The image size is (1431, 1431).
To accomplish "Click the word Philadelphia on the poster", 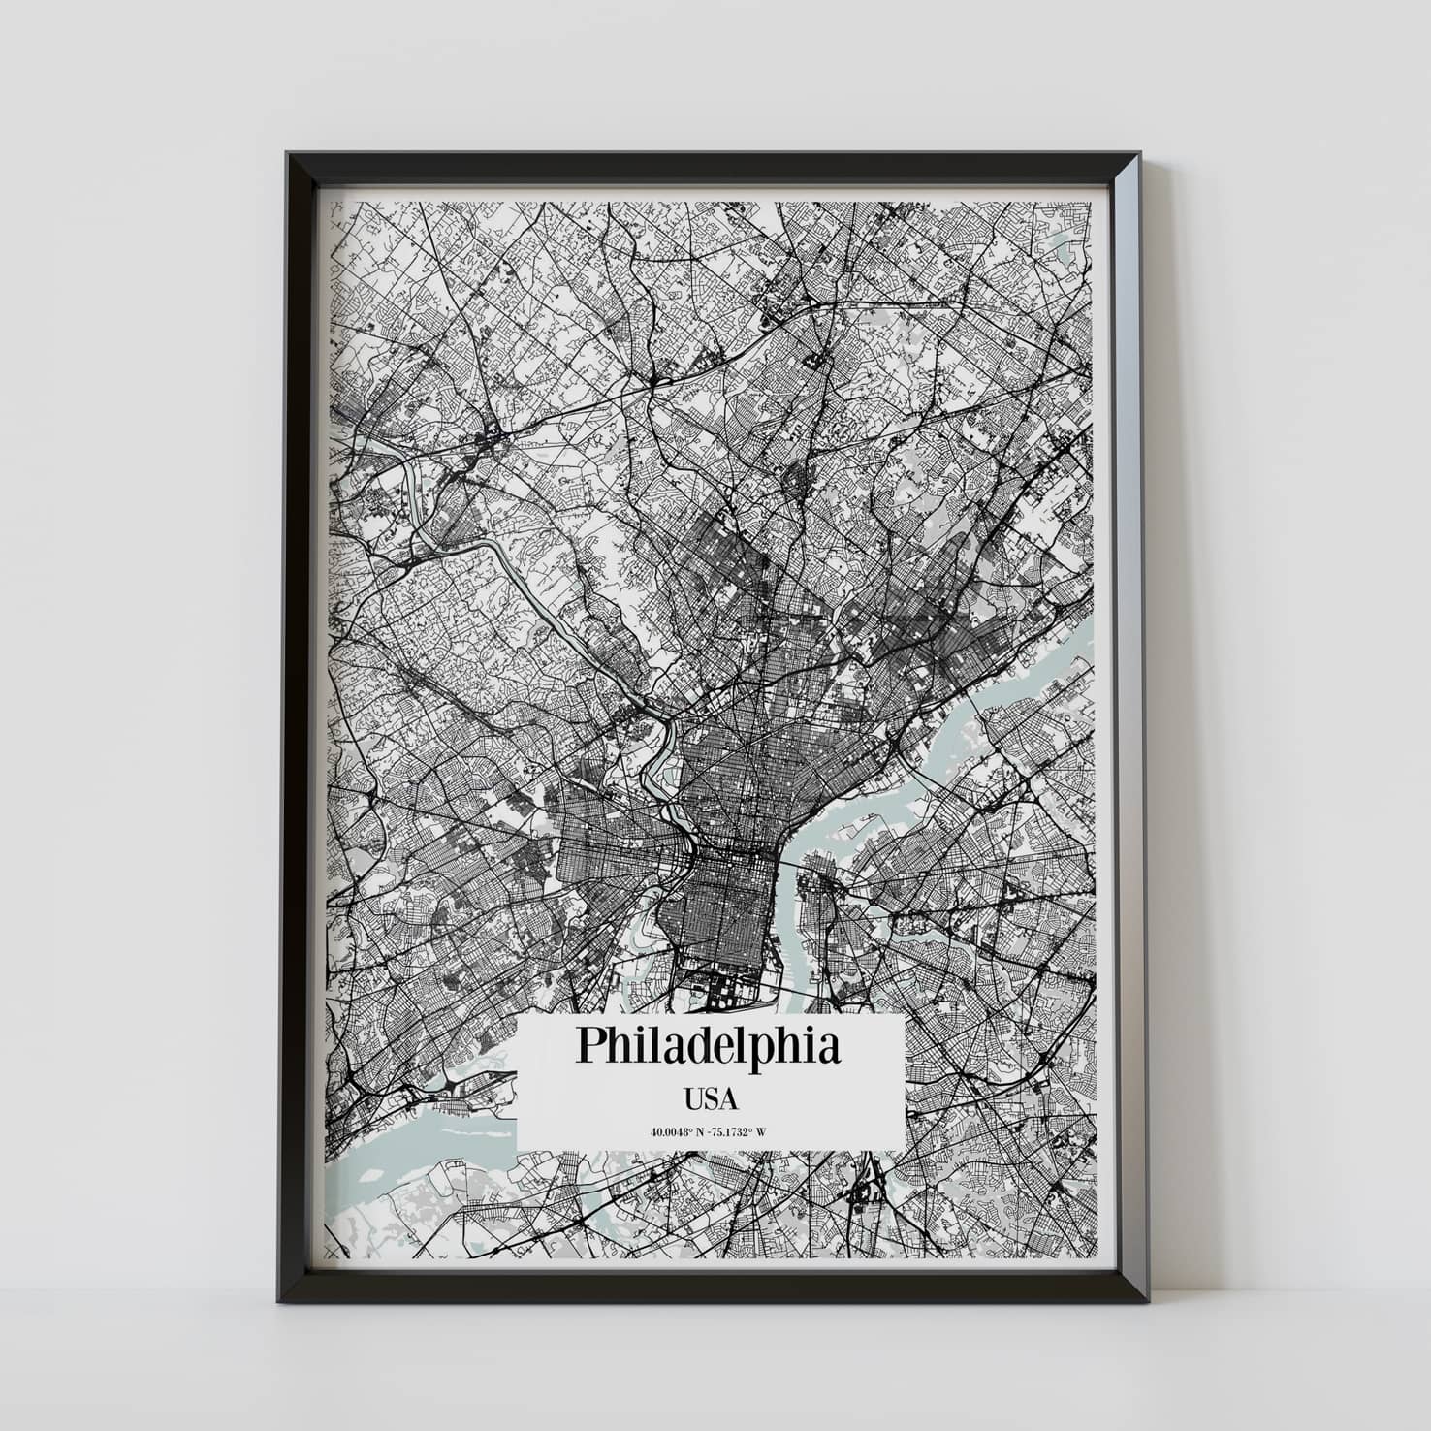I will coord(709,1046).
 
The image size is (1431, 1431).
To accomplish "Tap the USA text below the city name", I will coord(711,1099).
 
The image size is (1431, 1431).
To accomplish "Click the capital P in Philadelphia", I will coord(592,1046).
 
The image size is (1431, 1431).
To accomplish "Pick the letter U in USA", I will coord(693,1099).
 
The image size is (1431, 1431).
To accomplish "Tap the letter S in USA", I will coord(711,1099).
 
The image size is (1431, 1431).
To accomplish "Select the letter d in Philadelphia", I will coord(700,1046).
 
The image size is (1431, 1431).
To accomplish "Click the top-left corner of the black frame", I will coord(288,154).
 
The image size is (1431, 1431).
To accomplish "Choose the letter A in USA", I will coord(729,1099).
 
